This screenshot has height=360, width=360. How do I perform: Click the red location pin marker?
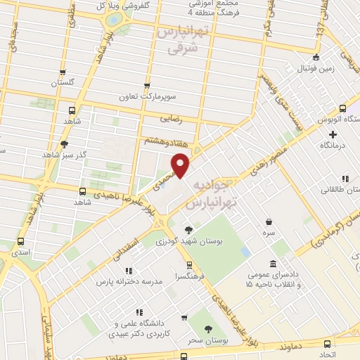[181, 165]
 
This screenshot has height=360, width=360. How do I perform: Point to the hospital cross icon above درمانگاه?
[333, 133]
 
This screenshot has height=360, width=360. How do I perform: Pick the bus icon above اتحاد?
[326, 344]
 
